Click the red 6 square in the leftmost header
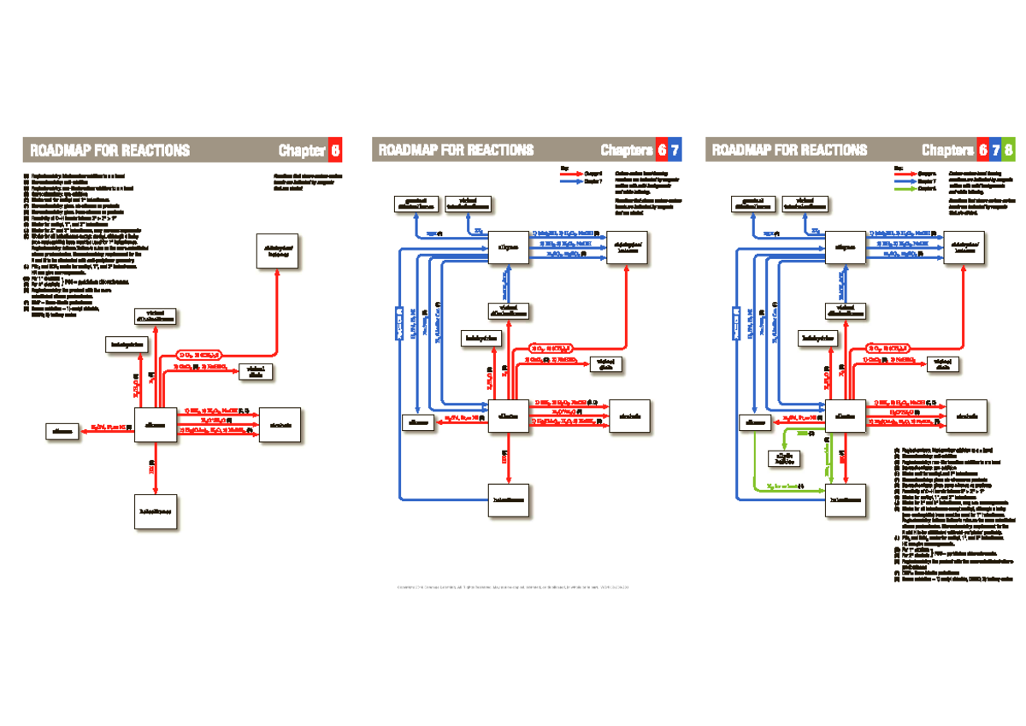(x=337, y=151)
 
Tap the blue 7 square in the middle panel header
(x=675, y=151)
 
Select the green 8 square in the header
(x=1009, y=151)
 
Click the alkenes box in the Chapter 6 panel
(x=155, y=424)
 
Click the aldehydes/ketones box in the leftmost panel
(x=279, y=251)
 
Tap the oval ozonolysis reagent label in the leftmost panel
(x=199, y=353)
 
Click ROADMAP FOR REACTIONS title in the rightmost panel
(x=788, y=151)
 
